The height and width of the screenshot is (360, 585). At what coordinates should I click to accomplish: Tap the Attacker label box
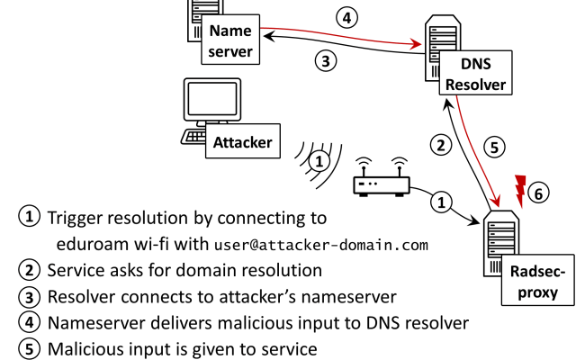242,141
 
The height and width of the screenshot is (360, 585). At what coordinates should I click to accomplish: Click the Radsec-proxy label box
530,282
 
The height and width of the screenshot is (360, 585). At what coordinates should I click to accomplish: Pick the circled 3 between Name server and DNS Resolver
326,61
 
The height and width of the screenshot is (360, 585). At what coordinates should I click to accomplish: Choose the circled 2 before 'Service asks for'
29,268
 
